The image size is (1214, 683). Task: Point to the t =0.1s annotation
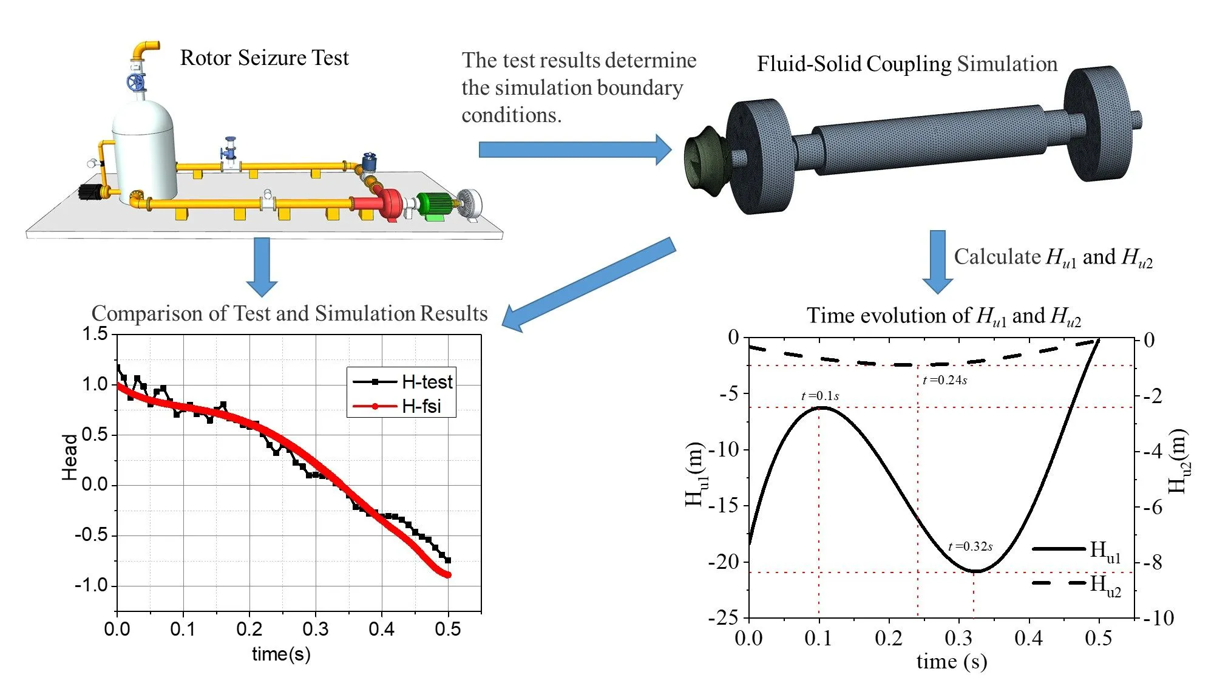point(820,396)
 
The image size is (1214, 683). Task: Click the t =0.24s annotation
point(944,380)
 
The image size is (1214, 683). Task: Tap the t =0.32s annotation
point(970,546)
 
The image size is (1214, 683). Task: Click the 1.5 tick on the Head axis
point(95,334)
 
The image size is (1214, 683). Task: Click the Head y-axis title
point(70,457)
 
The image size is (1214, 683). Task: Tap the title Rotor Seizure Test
point(264,58)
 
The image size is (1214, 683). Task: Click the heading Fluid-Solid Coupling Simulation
point(907,64)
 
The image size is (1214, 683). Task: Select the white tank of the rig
point(144,152)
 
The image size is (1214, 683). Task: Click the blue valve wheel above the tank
point(136,82)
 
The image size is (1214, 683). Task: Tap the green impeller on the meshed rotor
point(702,162)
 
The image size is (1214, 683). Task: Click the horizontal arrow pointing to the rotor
point(574,149)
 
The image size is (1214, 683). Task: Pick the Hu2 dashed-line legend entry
point(1076,584)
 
